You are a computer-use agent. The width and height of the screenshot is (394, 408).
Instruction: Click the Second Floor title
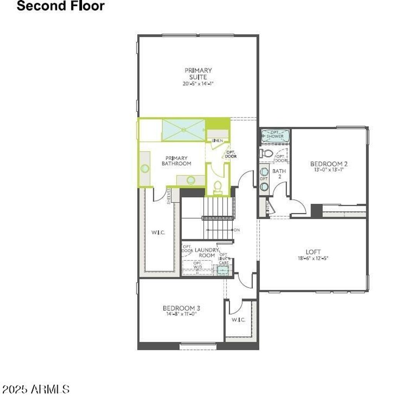click(60, 6)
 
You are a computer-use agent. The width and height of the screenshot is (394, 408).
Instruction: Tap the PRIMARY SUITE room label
click(198, 73)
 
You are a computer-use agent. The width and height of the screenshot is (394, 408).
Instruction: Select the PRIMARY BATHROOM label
click(177, 161)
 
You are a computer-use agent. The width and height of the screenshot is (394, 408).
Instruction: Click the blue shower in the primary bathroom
click(184, 130)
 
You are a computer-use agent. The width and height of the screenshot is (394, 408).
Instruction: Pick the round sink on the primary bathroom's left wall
click(145, 168)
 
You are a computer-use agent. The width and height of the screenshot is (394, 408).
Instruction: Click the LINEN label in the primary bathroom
click(217, 141)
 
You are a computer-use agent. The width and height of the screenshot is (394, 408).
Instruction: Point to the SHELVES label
click(169, 196)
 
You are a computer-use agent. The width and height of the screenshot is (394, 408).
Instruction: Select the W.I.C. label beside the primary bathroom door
click(158, 232)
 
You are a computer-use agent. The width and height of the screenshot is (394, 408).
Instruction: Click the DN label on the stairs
click(237, 230)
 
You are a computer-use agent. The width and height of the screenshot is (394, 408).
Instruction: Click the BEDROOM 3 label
click(181, 308)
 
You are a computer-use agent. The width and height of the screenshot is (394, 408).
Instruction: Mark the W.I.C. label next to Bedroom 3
click(239, 320)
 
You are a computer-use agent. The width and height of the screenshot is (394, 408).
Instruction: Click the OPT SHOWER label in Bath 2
click(275, 134)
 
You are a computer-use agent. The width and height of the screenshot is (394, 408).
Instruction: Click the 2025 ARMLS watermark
click(35, 389)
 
